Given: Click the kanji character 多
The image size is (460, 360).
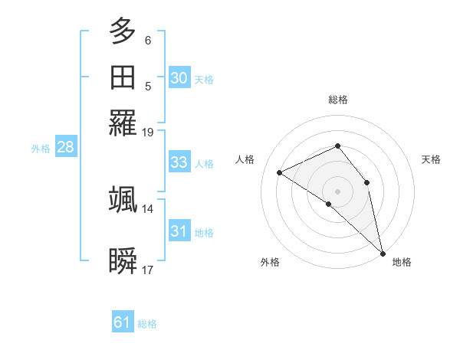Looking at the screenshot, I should tap(123, 33).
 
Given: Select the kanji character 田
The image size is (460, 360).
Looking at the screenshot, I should tap(123, 78).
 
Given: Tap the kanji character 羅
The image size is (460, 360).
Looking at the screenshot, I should tap(123, 123).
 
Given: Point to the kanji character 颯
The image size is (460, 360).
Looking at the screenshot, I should tap(123, 199).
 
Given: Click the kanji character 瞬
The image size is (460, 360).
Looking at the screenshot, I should tap(123, 261).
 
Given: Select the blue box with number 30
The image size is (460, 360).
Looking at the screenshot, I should tap(179, 78).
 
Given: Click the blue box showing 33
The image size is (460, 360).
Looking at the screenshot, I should tap(179, 162).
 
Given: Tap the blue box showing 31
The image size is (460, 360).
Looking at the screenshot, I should tap(179, 231).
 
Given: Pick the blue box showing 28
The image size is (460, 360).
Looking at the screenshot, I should tap(66, 148).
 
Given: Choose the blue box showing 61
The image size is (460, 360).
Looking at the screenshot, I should tap(123, 322).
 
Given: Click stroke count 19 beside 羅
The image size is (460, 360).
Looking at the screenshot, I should tap(148, 133).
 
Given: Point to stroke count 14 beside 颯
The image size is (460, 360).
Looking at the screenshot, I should tap(148, 208).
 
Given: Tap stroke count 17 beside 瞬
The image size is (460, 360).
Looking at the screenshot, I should tap(148, 270).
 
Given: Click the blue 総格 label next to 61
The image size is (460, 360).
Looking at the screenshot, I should tap(147, 324).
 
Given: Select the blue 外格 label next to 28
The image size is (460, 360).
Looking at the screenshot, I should tap(41, 149).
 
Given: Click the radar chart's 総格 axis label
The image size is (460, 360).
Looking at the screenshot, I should tap(338, 100).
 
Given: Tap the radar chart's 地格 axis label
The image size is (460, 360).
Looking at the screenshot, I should tap(402, 263).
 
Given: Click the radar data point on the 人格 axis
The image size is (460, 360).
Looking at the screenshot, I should tap(280, 172).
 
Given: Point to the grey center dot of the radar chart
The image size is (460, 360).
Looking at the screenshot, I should tap(338, 191).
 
